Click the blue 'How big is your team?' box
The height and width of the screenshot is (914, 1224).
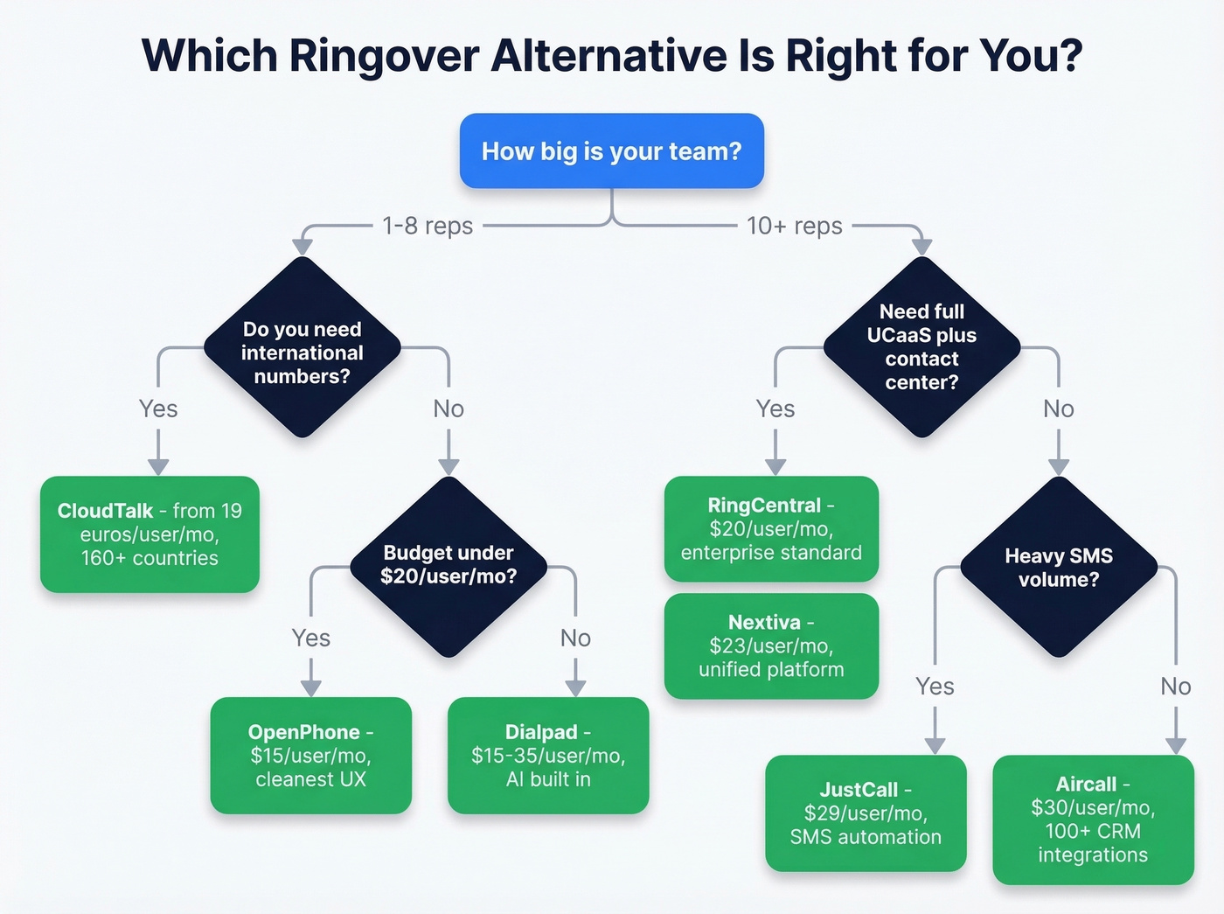click(611, 150)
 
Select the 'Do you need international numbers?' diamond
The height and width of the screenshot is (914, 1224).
click(302, 352)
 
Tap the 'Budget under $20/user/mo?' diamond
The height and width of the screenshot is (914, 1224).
click(449, 565)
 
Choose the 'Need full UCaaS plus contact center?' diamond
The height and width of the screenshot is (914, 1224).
click(921, 346)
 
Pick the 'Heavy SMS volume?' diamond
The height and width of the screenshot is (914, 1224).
click(1058, 567)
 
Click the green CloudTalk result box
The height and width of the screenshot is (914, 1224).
click(150, 534)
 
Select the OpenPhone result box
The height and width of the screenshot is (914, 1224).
click(310, 755)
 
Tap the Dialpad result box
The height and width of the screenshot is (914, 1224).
click(548, 755)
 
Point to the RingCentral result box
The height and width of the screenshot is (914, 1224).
click(771, 528)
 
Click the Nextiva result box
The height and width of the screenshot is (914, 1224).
click(771, 645)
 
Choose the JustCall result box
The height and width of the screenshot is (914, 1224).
click(866, 813)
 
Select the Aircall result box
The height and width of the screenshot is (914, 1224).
click(1093, 819)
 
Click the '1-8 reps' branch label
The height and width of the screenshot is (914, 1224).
click(428, 226)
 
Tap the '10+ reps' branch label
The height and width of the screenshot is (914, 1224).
click(794, 226)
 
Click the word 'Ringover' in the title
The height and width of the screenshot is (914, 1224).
click(383, 56)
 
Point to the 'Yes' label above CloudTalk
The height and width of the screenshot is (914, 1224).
click(158, 408)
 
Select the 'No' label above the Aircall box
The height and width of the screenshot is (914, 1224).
click(1175, 687)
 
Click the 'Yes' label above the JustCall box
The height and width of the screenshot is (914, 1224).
click(935, 687)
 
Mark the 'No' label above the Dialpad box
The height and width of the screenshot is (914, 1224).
click(575, 638)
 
